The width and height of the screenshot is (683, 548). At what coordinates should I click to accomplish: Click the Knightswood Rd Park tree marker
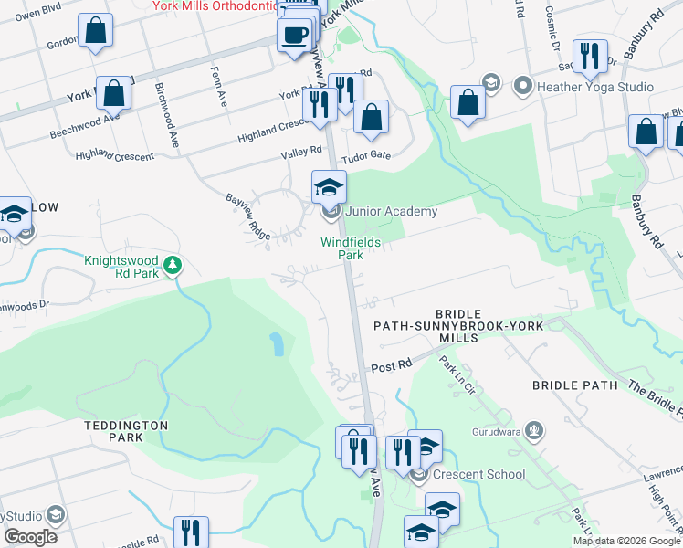click(172, 267)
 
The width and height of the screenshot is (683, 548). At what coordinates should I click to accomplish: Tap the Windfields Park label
click(342, 248)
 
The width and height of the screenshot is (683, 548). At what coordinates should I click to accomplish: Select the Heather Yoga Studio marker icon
click(523, 87)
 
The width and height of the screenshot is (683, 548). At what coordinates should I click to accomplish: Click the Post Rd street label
click(392, 365)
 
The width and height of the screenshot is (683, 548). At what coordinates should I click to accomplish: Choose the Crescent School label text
click(479, 474)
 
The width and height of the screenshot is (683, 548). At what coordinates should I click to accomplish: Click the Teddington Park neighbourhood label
click(126, 431)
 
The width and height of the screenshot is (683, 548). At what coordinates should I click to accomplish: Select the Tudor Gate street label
click(367, 155)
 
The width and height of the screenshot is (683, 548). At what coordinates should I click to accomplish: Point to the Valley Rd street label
click(302, 150)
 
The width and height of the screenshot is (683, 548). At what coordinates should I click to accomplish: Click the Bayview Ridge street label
click(247, 216)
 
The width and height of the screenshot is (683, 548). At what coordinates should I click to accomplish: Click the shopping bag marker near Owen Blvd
click(95, 33)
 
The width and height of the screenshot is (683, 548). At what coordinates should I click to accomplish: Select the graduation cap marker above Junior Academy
click(329, 189)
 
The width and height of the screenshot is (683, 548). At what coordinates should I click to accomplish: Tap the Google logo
click(30, 536)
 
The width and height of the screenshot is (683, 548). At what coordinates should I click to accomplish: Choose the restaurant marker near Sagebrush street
click(590, 58)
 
